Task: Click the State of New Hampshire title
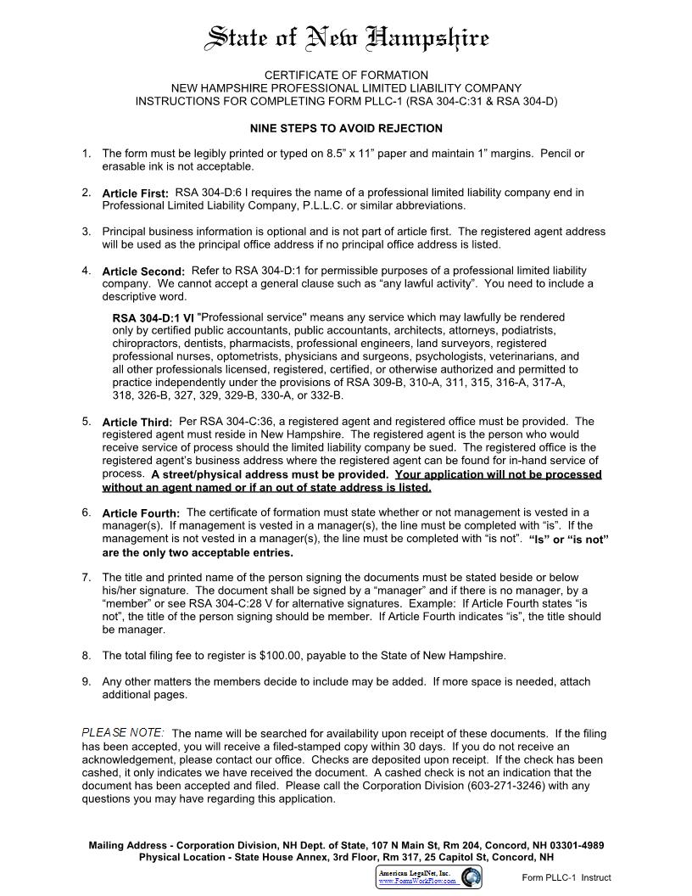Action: (348, 38)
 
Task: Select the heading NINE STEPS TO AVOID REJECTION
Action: (346, 129)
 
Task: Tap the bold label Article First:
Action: (136, 193)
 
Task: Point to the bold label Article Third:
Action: (137, 422)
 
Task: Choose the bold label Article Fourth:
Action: (141, 513)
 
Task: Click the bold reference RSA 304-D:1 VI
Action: (153, 318)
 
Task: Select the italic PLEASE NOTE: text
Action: (123, 732)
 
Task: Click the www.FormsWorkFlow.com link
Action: (417, 882)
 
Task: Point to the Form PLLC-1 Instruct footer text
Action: (566, 878)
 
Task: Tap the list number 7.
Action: (86, 577)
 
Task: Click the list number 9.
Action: (86, 681)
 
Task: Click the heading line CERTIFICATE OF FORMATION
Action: (346, 76)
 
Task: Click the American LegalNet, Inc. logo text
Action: (418, 872)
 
